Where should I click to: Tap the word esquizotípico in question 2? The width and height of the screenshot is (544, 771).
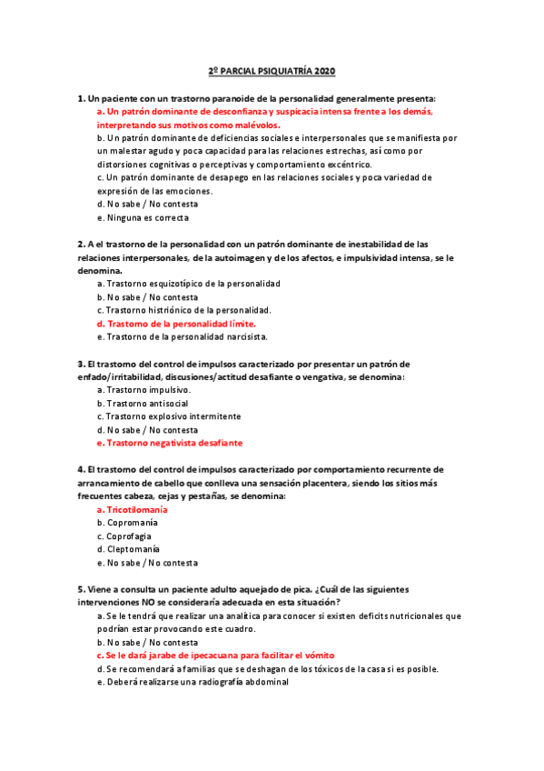(x=172, y=284)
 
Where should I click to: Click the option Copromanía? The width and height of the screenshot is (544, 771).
(x=132, y=523)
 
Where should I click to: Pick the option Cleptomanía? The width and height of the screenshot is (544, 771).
(x=133, y=549)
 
